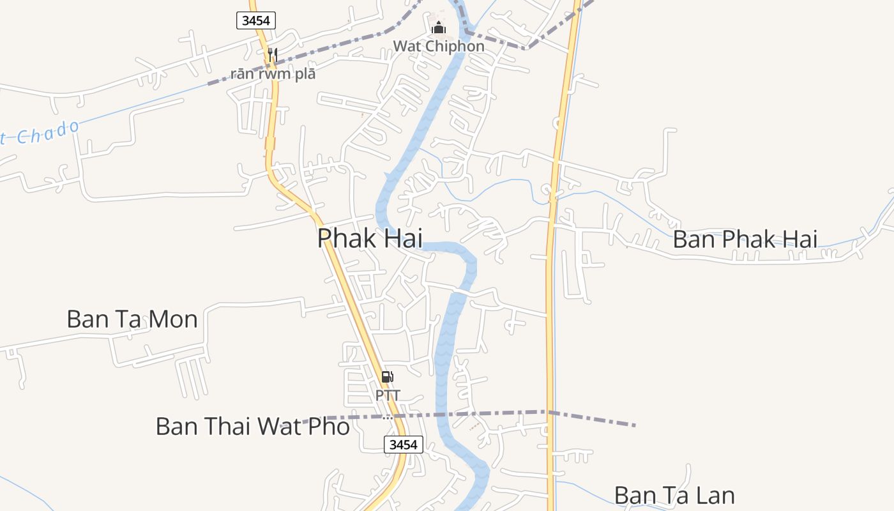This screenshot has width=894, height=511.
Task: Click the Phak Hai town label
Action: coord(370,238)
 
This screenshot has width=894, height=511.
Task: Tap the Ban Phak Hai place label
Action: coord(745,240)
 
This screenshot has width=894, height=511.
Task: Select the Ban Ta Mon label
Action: coord(132,319)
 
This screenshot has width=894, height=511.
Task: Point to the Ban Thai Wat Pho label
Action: coord(252,426)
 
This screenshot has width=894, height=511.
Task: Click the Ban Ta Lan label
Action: coord(674,496)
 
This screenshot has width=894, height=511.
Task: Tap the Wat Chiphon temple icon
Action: coord(439,27)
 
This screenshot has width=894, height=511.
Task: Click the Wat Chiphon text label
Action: coord(439,47)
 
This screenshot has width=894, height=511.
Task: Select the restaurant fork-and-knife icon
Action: coord(273,54)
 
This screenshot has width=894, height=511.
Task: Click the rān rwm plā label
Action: coord(273,73)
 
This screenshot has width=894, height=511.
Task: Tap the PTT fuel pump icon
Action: coord(388,377)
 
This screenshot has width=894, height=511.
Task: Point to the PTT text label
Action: coord(388,395)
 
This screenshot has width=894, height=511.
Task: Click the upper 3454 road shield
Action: coord(256,20)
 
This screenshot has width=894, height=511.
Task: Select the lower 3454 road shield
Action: coord(404,445)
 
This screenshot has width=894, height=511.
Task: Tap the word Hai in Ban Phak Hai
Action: coord(798,240)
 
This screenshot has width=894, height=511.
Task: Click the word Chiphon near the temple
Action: coord(454,47)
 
